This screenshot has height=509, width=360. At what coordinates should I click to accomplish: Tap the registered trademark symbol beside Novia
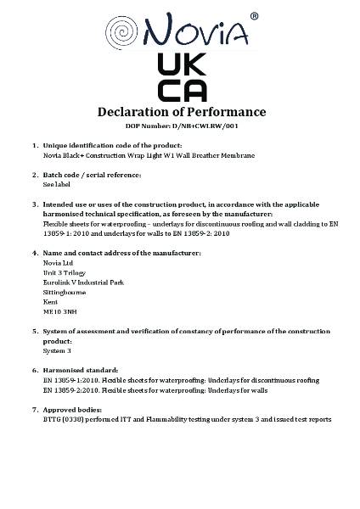255,16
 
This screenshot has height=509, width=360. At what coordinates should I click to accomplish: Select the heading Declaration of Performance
182,112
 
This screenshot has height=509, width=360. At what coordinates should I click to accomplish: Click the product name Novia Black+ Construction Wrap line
149,155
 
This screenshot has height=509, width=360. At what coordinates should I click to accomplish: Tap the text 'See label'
55,183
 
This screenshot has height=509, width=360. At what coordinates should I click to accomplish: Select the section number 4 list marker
34,253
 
